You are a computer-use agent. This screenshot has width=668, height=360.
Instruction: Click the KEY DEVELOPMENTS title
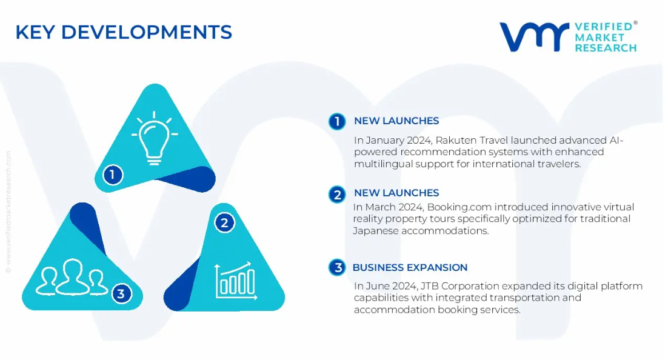pos(124,32)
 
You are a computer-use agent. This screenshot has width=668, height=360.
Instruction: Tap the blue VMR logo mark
pos(534,36)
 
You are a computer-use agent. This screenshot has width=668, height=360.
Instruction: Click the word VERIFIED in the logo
pos(604,27)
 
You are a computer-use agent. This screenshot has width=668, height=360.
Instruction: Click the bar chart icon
pos(236,281)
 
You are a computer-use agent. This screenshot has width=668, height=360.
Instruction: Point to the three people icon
pos(72,277)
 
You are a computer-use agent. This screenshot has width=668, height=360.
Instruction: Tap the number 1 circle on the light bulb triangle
pos(113,175)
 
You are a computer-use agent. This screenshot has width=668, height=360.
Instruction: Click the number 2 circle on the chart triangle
pos(224,222)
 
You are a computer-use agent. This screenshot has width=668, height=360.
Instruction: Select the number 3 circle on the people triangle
pos(121,293)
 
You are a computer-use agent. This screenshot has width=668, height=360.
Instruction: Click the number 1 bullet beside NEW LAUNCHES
pos(337,121)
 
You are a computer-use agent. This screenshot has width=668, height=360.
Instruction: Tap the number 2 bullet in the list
pos(337,195)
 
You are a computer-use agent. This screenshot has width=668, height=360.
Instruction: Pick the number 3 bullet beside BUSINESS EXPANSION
pos(337,267)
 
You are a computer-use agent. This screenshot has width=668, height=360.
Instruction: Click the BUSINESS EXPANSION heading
pos(410,267)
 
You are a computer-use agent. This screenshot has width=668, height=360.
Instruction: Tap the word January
pos(385,141)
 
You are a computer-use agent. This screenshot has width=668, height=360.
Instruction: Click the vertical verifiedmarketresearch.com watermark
pos(8,212)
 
